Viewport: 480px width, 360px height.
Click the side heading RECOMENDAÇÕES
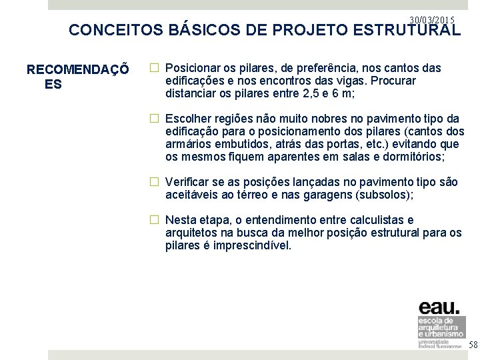click(76, 77)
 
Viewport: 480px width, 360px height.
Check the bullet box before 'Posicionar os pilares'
click(153, 68)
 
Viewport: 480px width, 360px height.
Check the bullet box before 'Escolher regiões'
click(153, 118)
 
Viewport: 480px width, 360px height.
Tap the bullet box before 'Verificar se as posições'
click(153, 181)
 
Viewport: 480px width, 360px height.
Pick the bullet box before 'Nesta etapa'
click(153, 219)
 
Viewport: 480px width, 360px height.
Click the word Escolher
click(187, 118)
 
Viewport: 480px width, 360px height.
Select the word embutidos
click(239, 143)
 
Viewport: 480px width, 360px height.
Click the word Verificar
click(186, 181)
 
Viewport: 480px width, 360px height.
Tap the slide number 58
click(473, 345)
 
